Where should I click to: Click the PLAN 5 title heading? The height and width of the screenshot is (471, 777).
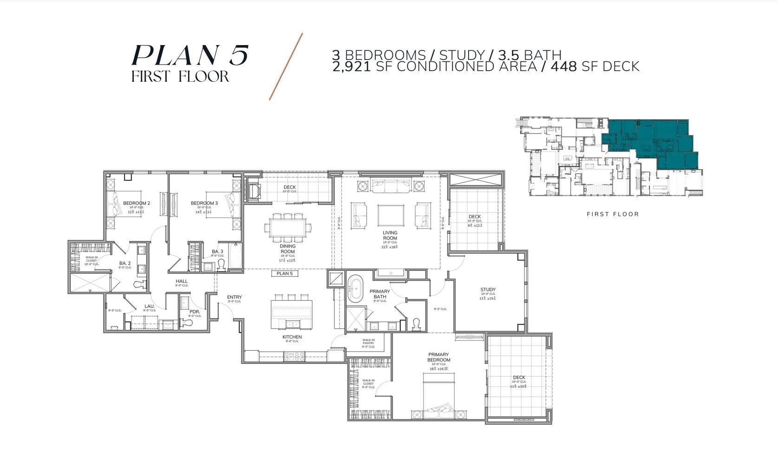click(190, 55)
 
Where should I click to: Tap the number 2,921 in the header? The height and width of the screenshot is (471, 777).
click(351, 66)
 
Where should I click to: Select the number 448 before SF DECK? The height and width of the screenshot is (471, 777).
click(563, 66)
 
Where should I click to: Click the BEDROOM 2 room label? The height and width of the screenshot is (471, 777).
click(136, 203)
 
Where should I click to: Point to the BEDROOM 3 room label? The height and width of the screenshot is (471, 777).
click(204, 203)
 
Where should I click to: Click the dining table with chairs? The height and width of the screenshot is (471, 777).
click(288, 228)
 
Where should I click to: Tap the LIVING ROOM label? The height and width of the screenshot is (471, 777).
click(390, 235)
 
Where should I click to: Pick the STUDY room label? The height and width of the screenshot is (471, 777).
click(488, 289)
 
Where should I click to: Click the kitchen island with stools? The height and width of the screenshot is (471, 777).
click(291, 311)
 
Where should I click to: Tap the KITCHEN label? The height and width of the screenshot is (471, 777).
click(292, 337)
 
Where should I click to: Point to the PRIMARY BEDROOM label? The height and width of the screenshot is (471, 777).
click(438, 357)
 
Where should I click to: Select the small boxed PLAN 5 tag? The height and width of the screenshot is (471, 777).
click(284, 273)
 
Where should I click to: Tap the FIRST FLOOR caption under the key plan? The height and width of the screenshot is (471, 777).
click(613, 214)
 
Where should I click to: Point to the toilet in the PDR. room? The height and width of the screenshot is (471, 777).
click(189, 321)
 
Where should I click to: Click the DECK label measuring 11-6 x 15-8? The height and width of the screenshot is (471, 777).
click(519, 378)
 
